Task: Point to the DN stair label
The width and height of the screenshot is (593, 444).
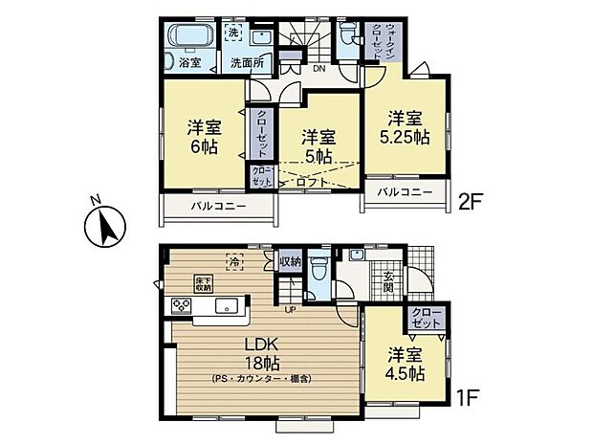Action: tap(319, 69)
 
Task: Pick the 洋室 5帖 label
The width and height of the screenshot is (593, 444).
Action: tap(318, 145)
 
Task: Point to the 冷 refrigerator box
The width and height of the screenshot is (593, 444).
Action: tap(233, 259)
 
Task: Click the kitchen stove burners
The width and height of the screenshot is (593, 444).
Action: tap(182, 306)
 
